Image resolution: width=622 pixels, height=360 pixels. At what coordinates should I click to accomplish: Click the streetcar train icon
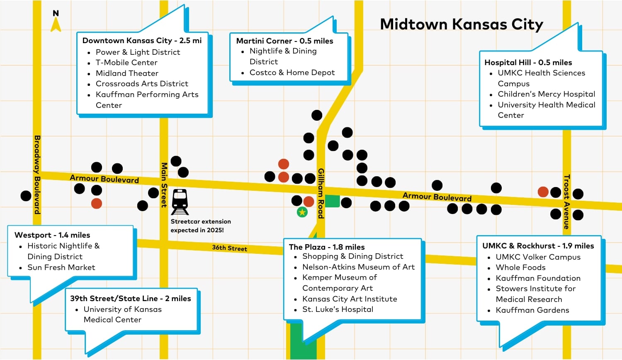[180, 202]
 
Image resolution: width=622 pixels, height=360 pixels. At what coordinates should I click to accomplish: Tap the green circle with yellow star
[302, 212]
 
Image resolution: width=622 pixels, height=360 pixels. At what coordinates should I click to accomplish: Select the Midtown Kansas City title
[462, 24]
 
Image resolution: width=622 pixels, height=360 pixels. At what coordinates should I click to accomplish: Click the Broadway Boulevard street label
[37, 175]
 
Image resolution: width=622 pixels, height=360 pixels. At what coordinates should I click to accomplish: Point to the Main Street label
[164, 185]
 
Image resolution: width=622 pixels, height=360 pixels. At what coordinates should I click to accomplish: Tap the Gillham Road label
[321, 193]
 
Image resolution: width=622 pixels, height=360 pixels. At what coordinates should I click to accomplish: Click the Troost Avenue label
[566, 202]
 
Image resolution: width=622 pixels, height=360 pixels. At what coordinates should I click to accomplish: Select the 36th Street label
[229, 248]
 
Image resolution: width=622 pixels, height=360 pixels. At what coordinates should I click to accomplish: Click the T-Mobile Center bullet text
[126, 63]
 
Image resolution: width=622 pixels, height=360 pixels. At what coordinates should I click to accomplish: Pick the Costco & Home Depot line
[292, 73]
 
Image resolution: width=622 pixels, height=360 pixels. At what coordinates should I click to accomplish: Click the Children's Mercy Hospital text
[546, 94]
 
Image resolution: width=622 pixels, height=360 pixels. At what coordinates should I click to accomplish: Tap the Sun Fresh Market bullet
[61, 268]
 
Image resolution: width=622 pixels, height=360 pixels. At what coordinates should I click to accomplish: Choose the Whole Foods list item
[520, 268]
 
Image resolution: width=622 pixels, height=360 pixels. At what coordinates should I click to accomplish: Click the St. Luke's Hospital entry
[338, 309]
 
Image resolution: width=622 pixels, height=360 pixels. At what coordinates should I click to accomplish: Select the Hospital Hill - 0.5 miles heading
[528, 63]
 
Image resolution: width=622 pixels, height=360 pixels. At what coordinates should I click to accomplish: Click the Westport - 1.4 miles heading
[52, 235]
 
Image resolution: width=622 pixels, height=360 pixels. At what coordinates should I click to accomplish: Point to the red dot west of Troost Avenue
[543, 192]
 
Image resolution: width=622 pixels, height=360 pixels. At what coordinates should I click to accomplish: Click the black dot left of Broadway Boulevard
[26, 196]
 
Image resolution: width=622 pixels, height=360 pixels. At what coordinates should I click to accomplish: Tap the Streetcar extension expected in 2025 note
[201, 226]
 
